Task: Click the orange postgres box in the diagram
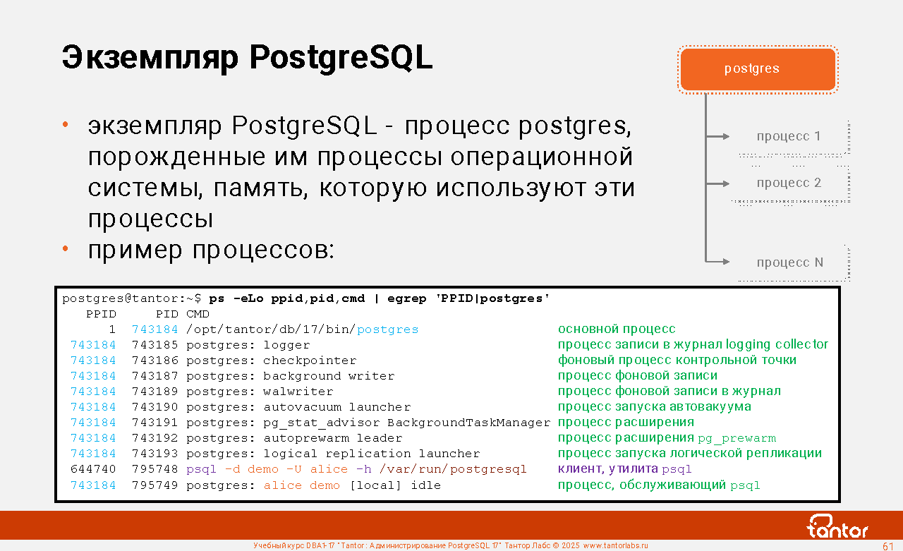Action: [x=758, y=69]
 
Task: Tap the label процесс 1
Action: [x=789, y=136]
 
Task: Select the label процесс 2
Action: [x=789, y=183]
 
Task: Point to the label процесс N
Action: [x=789, y=262]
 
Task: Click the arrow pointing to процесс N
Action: [x=717, y=262]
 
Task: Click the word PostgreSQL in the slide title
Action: [x=341, y=58]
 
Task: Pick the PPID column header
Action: [x=101, y=314]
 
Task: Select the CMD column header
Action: [x=198, y=314]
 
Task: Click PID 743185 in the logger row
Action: [x=154, y=345]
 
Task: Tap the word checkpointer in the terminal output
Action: [x=310, y=361]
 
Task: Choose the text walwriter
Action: [x=298, y=392]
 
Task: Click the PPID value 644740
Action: [x=93, y=469]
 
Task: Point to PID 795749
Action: [x=154, y=485]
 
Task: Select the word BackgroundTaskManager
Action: [x=469, y=423]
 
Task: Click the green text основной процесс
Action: [x=617, y=329]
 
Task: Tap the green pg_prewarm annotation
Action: [x=737, y=438]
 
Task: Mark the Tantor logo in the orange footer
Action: [x=837, y=526]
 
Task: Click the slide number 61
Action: [x=888, y=546]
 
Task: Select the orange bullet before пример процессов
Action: [x=66, y=249]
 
